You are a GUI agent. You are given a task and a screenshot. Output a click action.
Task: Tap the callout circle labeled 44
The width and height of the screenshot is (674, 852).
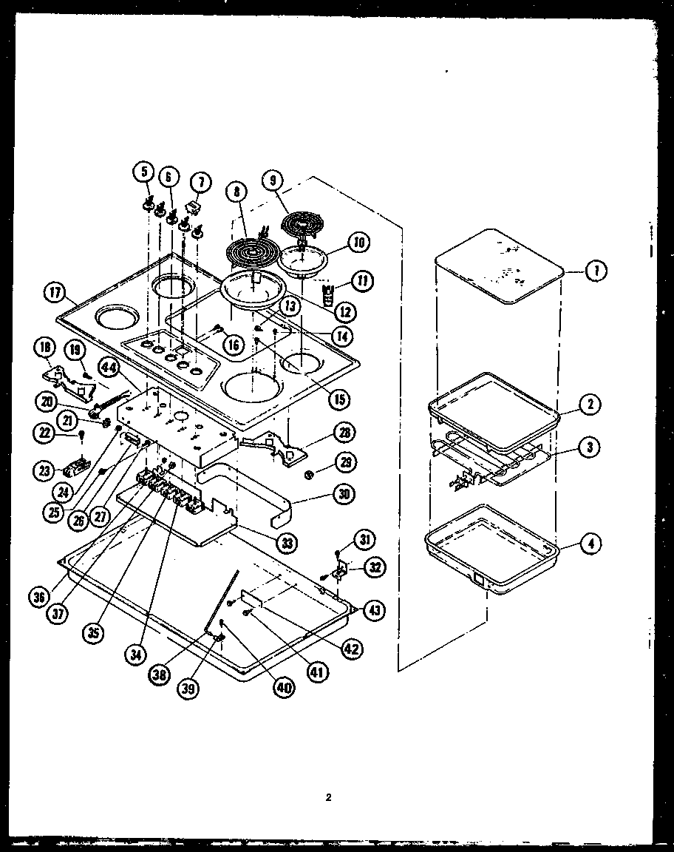click(x=109, y=368)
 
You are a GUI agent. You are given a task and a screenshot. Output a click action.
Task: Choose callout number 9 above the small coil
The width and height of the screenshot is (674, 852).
click(x=272, y=180)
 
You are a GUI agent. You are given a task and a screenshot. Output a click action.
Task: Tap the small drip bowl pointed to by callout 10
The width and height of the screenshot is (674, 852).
click(x=304, y=260)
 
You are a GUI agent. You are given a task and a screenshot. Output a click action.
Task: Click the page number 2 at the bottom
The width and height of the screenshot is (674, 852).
click(x=329, y=797)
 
